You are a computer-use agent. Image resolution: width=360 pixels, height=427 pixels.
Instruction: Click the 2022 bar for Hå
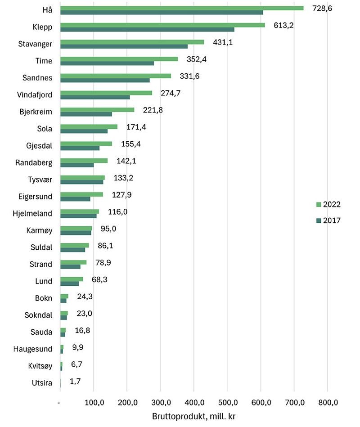click(182, 8)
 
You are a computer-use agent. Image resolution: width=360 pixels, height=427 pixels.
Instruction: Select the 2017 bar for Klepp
click(147, 30)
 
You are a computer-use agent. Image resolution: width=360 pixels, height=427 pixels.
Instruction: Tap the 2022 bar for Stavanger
click(132, 42)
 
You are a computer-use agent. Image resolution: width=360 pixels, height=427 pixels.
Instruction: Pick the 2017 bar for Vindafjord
click(95, 97)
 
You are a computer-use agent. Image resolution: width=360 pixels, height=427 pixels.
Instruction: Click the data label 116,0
click(117, 211)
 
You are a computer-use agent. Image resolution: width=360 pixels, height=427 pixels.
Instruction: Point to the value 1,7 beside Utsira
click(76, 382)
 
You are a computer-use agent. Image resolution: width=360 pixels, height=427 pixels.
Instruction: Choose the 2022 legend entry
click(328, 204)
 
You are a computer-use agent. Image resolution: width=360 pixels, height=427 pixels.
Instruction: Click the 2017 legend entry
click(328, 220)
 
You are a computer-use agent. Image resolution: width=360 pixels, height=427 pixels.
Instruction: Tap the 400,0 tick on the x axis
click(193, 401)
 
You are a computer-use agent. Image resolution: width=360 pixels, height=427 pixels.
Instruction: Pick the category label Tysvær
click(40, 180)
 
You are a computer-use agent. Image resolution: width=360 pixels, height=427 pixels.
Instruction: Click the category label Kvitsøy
click(40, 365)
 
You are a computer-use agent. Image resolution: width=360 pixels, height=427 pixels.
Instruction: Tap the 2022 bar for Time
click(119, 59)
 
